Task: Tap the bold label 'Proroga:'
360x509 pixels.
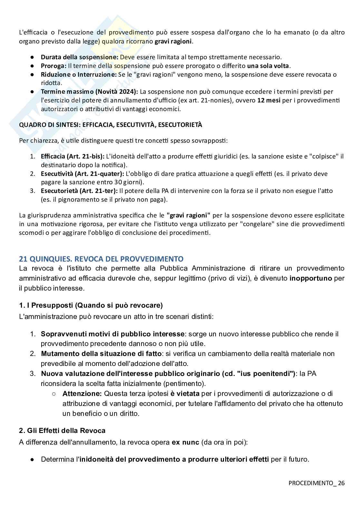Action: [54, 66]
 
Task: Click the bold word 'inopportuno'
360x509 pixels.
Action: [310, 278]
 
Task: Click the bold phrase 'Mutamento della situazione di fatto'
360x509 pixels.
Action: [101, 353]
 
